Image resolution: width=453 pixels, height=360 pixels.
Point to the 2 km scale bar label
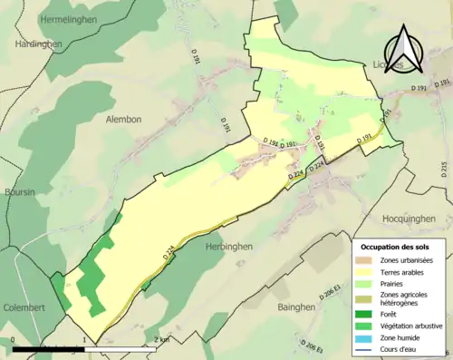coord(160,339)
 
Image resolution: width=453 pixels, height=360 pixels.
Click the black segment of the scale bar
coord(49,347)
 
